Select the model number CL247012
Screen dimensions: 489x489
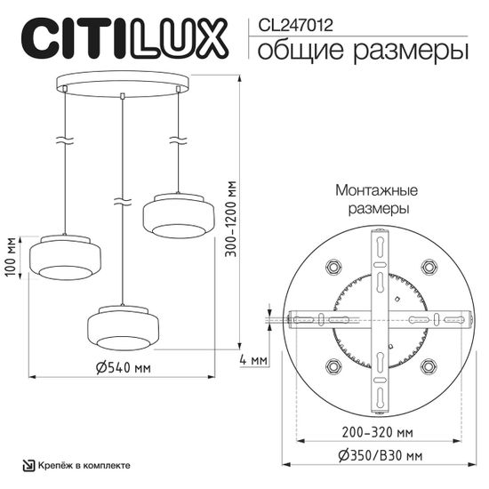click(295, 26)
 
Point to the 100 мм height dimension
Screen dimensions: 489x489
click(11, 259)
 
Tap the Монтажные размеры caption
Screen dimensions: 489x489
click(376, 200)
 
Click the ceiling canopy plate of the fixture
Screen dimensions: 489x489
click(123, 85)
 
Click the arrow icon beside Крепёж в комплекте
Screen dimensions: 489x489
click(28, 465)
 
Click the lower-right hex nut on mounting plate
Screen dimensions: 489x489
click(429, 364)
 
